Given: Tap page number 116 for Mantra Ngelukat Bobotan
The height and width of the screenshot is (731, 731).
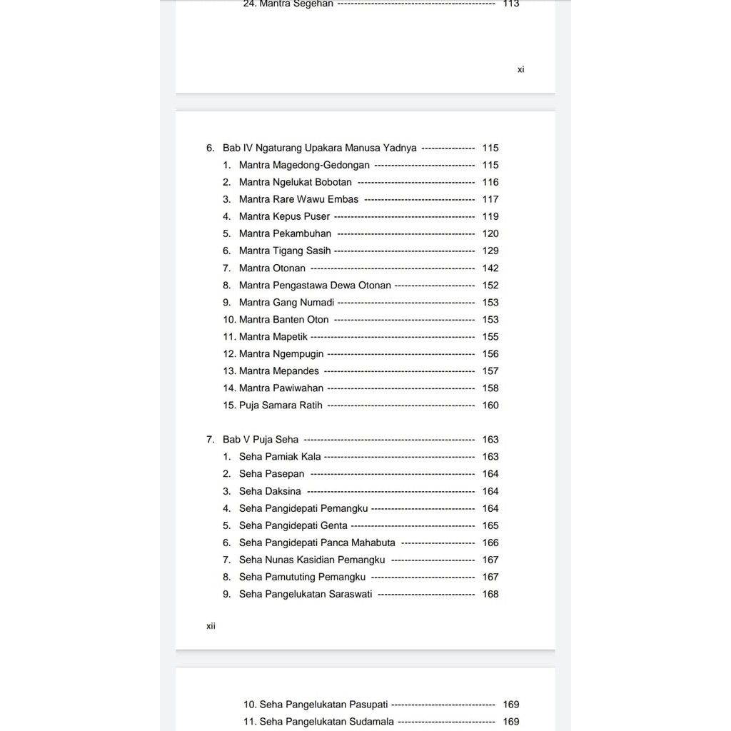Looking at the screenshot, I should point(490,183).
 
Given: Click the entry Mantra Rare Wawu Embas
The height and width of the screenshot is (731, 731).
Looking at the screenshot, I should point(298,200).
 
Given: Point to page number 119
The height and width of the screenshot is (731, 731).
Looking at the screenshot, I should point(490,217).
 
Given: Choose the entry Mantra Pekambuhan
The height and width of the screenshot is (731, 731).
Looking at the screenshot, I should point(285,234).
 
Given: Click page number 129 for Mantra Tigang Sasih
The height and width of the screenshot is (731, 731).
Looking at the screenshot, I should point(490,251).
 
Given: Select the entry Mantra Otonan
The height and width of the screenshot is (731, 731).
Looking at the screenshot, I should point(272,268).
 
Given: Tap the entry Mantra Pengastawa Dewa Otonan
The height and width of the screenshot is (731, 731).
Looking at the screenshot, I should point(315,286).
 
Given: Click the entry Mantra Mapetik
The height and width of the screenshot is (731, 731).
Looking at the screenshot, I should point(273,337).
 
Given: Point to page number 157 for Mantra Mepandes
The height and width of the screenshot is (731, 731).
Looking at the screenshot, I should point(490,371).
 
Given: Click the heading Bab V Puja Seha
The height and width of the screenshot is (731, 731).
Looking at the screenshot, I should point(261,440).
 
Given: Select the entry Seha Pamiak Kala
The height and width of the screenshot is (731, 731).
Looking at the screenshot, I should point(280,457).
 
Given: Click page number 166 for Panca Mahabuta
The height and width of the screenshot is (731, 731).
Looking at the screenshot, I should point(490,543).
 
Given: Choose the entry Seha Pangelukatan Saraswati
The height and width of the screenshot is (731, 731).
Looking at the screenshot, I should point(306,595).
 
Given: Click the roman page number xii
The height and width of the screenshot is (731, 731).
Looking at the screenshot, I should point(211,626).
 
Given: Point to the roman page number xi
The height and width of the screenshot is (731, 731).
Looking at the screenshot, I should point(521,70).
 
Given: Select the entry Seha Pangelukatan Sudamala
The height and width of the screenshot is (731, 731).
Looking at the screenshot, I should point(326,722).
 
